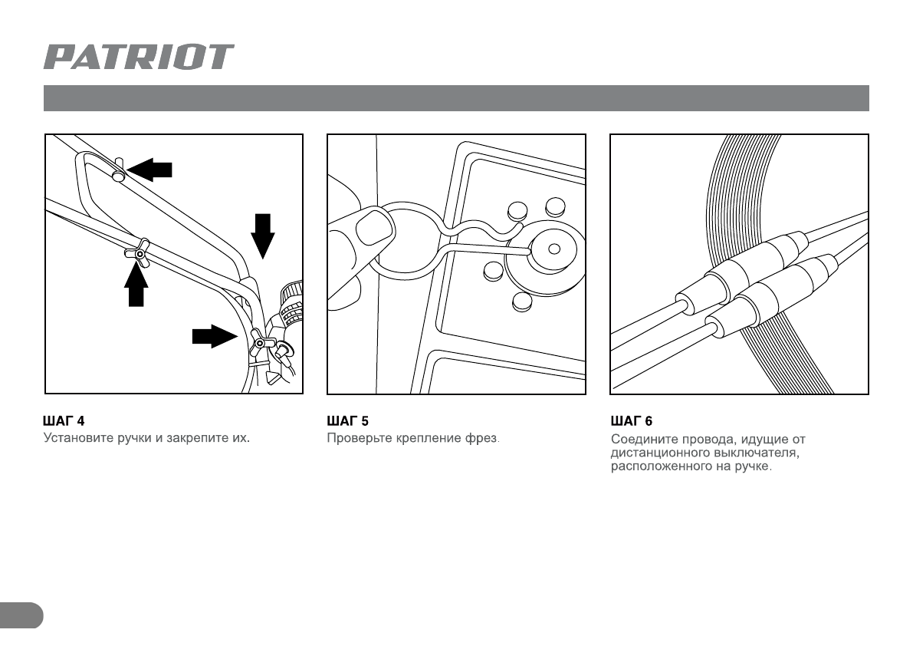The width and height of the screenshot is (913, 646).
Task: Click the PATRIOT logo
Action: coord(139,57)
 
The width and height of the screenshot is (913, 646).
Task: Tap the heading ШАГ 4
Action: coord(64,421)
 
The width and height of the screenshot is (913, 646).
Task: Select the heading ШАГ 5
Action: coord(347,421)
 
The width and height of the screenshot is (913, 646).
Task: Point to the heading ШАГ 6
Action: coord(632,421)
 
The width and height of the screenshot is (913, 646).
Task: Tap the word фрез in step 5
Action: coord(481,438)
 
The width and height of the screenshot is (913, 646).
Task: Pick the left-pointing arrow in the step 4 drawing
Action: coord(149,170)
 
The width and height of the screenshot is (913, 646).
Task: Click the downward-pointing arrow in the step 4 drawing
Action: coord(263,236)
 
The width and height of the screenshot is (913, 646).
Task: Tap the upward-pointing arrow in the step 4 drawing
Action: coord(136,285)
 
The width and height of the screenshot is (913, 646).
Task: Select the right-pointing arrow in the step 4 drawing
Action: coord(215,336)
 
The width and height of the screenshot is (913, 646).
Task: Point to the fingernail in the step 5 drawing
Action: coord(374,228)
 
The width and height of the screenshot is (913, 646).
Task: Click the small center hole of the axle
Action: coord(554,249)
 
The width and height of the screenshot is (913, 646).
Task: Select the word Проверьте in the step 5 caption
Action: coord(360,438)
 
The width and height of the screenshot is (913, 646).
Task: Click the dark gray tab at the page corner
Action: coord(21,616)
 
